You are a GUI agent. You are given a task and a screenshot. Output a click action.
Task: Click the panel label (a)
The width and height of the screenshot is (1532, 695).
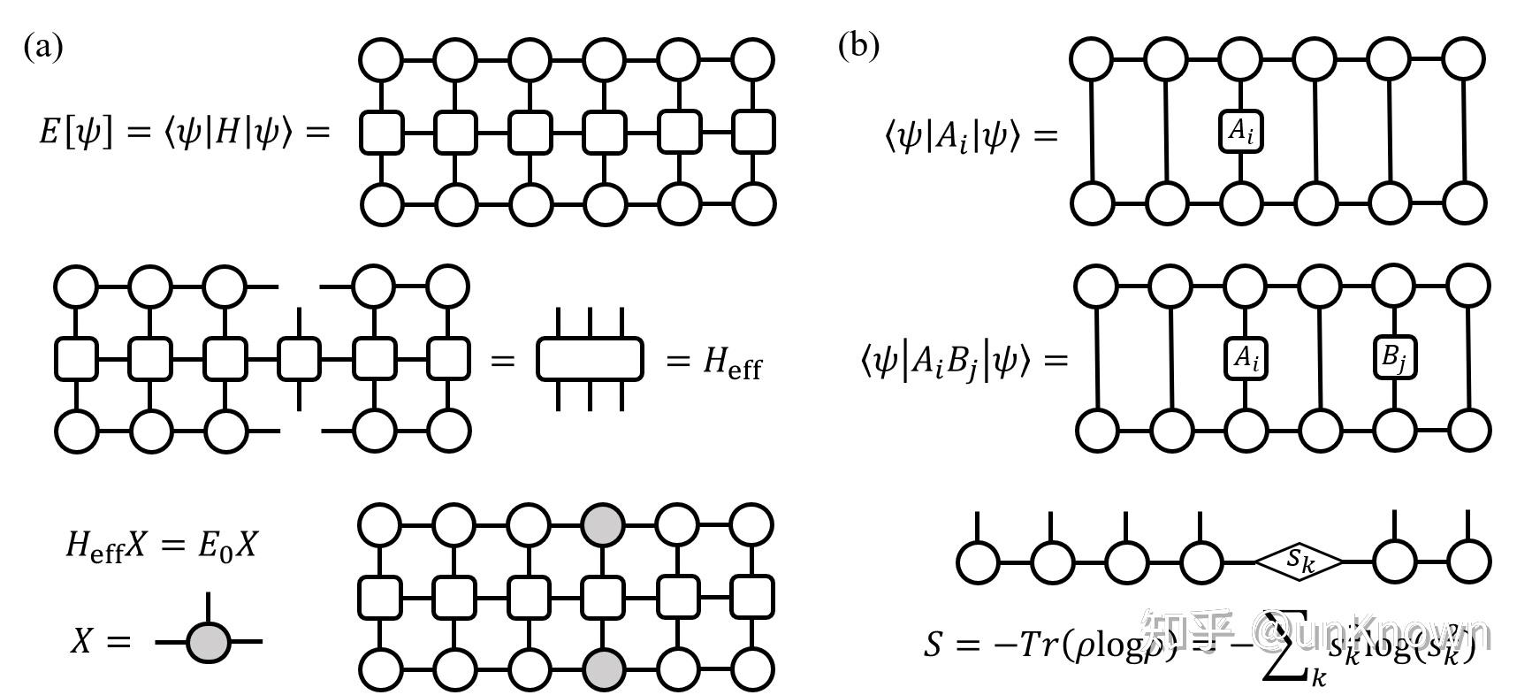point(43,46)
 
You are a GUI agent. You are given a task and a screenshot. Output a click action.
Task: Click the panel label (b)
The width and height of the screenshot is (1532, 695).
point(858,46)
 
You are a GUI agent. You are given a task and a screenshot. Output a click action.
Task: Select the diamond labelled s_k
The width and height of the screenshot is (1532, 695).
point(1299,561)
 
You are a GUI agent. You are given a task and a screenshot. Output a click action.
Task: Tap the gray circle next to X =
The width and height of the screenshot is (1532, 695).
point(209,641)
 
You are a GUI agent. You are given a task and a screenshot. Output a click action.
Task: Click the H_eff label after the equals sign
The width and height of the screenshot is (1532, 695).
point(732,362)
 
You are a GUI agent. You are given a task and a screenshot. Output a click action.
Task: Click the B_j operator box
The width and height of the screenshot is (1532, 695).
point(1394,358)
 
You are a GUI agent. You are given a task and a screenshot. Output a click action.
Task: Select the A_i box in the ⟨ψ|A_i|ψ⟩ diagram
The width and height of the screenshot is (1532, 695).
point(1240,132)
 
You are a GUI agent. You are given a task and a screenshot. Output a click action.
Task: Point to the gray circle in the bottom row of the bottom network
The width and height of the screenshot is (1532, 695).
point(603,669)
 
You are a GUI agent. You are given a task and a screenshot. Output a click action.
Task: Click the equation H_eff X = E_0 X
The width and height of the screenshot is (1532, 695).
point(161,546)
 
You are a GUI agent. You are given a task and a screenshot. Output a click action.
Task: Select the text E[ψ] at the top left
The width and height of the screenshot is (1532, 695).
point(75,133)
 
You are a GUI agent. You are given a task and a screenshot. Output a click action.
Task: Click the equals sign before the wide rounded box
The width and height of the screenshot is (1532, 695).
point(502,361)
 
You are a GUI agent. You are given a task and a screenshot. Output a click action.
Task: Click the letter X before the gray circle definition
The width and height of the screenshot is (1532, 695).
point(81,641)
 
